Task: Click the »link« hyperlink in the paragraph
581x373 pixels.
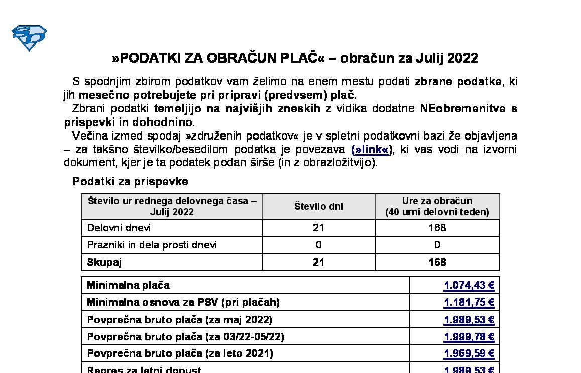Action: (x=372, y=150)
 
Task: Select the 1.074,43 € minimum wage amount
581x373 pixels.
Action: (x=469, y=286)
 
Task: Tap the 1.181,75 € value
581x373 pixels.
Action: (x=469, y=303)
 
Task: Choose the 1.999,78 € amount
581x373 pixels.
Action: (x=469, y=337)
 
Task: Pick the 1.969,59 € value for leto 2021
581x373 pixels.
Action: (x=469, y=354)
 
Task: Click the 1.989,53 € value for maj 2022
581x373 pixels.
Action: (x=469, y=320)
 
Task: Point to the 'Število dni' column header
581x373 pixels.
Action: (x=318, y=206)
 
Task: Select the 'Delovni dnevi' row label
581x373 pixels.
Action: (x=119, y=228)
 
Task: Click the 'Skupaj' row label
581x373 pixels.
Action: (x=104, y=262)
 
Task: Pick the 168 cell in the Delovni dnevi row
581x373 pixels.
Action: (x=437, y=228)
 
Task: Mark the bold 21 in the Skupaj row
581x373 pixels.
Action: (x=318, y=262)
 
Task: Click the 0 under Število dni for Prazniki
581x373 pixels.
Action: (x=318, y=245)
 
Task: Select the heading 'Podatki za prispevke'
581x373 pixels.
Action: (x=131, y=181)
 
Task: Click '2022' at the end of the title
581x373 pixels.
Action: (x=462, y=58)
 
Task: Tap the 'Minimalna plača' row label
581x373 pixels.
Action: (x=129, y=286)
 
